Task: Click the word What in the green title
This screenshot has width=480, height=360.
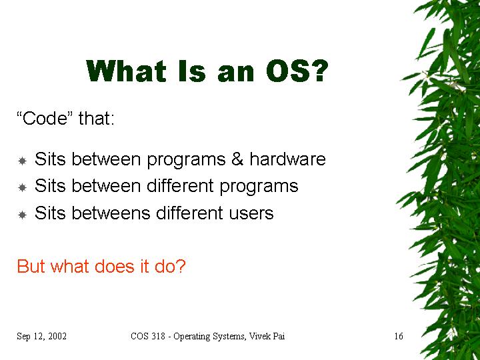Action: coord(127,71)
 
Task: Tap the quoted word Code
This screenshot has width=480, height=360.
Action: coord(45,118)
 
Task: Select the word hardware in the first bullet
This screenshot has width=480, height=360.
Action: coord(287,159)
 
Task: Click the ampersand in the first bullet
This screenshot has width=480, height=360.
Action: coord(237,159)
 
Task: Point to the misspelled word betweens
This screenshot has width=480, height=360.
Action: coord(111,213)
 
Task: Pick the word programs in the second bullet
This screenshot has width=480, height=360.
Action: coord(259,187)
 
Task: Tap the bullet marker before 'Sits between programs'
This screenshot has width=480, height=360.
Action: coord(23,161)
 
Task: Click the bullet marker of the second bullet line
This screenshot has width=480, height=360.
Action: coord(23,187)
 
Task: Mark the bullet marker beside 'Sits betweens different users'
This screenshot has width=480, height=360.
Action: coord(23,215)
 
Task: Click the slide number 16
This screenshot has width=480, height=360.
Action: coord(398,336)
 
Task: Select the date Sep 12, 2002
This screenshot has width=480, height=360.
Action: coord(41,337)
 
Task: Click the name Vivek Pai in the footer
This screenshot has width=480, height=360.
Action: coord(267,336)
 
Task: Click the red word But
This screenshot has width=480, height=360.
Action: coord(31,266)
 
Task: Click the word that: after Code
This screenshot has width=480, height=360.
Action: coord(97,118)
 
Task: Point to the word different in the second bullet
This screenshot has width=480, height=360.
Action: coord(180,186)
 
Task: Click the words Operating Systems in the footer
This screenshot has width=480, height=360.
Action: coord(209,337)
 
